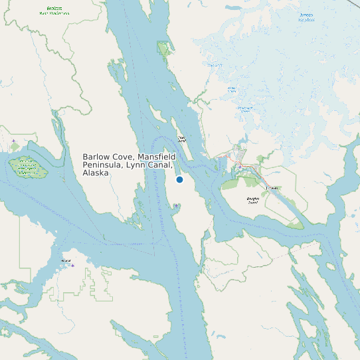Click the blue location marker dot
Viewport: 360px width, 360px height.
179,180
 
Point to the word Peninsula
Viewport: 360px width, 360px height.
103,165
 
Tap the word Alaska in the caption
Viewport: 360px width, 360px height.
96,173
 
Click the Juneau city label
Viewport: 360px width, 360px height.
270,189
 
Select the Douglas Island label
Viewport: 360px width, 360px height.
252,199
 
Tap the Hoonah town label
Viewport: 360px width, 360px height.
65,261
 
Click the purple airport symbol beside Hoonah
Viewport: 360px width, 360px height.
73,266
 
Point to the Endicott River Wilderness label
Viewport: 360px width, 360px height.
53,11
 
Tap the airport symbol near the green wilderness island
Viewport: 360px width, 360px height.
13,141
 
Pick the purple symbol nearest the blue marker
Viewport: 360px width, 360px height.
176,206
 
